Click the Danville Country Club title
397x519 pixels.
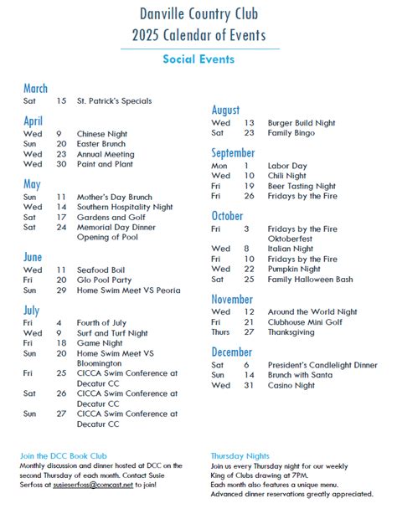198,14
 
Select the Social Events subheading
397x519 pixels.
198,59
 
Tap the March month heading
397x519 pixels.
35,88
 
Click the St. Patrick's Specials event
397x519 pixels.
115,101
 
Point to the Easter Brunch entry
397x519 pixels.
101,144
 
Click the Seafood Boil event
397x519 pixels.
102,270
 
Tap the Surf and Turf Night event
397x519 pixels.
113,333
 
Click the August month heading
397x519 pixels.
225,110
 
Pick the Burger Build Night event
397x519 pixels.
302,123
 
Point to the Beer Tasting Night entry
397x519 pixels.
302,186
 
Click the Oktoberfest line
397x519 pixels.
290,238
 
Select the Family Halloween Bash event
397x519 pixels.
310,280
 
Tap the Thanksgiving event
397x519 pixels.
291,332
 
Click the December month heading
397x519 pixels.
231,352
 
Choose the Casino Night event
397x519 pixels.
291,386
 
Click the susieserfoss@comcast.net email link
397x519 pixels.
93,485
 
